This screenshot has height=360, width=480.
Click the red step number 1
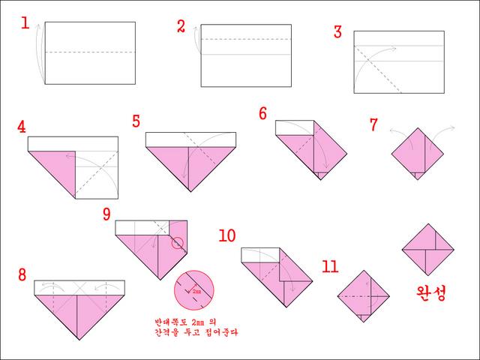click(x=25, y=23)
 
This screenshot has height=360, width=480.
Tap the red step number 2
click(x=181, y=26)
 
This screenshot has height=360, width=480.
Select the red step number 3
click(x=337, y=31)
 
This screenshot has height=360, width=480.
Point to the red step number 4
click(x=22, y=127)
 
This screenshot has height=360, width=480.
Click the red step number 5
click(x=136, y=121)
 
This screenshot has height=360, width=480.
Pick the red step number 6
click(x=263, y=113)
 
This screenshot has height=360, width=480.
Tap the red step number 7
click(x=373, y=124)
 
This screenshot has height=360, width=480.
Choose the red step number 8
click(x=22, y=274)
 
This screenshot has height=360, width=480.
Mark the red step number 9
click(x=106, y=214)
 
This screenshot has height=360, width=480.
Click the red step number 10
click(x=227, y=235)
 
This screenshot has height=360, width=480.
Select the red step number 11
click(x=330, y=266)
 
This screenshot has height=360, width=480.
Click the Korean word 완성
click(x=431, y=293)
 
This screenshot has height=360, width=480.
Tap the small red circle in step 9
click(x=177, y=243)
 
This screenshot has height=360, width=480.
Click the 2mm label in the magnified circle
click(x=196, y=292)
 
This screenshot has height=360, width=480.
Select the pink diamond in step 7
click(x=418, y=154)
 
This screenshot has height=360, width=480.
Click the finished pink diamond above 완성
click(x=428, y=250)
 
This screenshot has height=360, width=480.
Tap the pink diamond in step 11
click(x=363, y=296)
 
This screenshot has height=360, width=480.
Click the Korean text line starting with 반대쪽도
click(x=185, y=322)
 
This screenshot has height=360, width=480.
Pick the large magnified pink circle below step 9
click(x=194, y=290)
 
